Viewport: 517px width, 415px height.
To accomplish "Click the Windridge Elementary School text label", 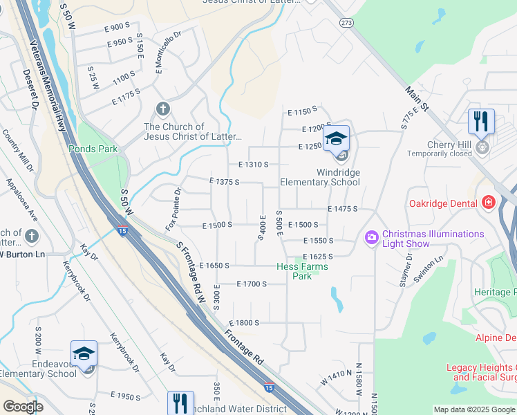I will [x=319, y=177].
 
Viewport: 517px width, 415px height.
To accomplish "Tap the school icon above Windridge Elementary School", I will [x=336, y=138].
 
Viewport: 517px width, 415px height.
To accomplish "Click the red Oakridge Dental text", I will [x=443, y=203].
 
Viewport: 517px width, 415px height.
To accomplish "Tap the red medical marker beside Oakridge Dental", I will [x=489, y=202].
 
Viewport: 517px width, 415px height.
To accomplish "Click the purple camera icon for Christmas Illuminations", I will [x=372, y=239].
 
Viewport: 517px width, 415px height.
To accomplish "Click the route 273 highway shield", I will [x=346, y=22].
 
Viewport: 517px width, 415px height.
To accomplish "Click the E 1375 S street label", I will [x=224, y=182].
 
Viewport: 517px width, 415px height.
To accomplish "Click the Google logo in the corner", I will [x=23, y=406].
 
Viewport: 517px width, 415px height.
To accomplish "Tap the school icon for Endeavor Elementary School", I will [x=83, y=353].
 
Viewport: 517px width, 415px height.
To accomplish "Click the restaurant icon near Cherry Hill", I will [x=481, y=121].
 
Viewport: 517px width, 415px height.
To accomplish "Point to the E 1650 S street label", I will [x=214, y=265].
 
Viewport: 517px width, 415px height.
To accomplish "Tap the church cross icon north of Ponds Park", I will [x=162, y=109].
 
